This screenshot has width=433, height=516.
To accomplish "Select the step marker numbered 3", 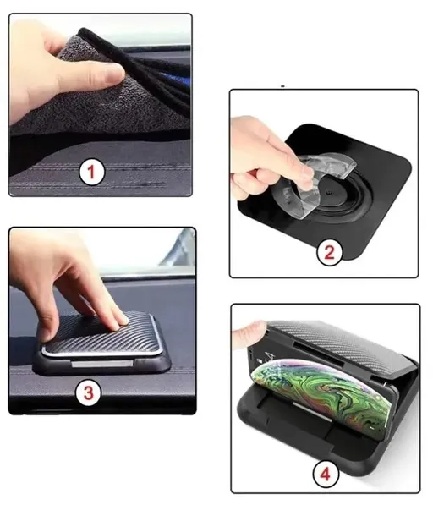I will [88, 392].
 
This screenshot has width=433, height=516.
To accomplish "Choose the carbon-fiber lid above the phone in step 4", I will [355, 338].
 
